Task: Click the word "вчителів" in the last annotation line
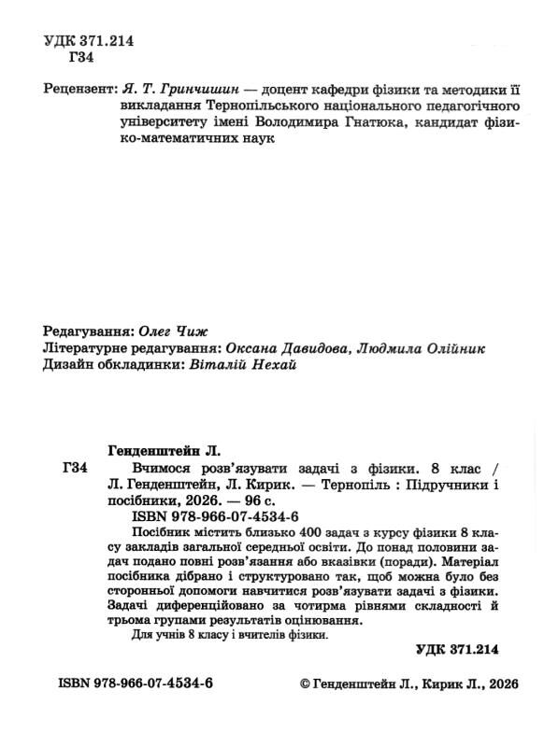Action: [x=244, y=634]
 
